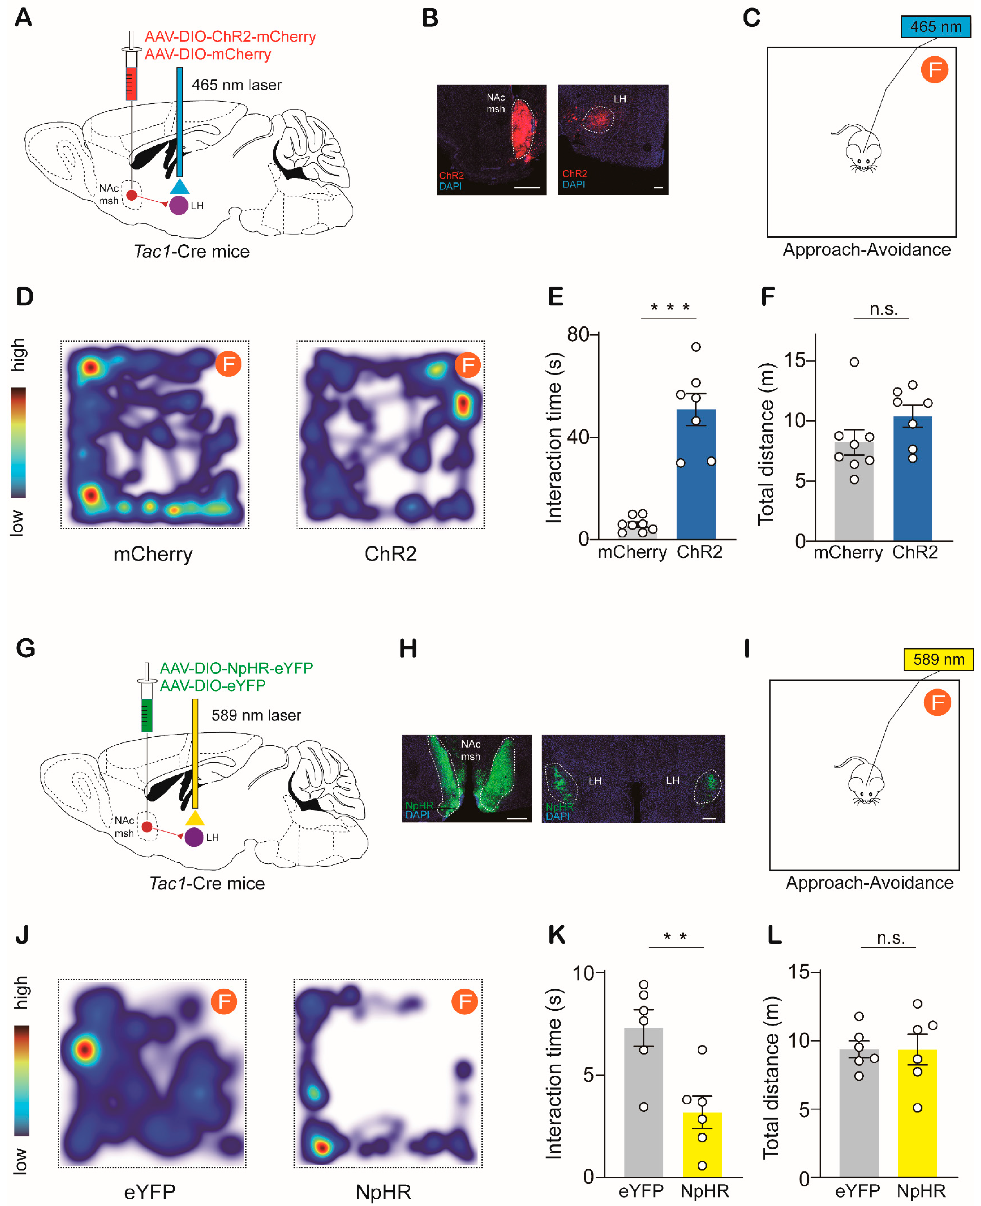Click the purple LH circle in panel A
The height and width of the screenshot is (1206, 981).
tap(179, 205)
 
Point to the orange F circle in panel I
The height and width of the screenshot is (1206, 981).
tap(937, 703)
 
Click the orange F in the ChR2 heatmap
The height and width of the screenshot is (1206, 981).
tap(468, 365)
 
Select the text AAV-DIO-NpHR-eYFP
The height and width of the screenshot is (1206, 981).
tap(236, 668)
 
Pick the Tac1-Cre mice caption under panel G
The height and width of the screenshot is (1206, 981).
tap(207, 883)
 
